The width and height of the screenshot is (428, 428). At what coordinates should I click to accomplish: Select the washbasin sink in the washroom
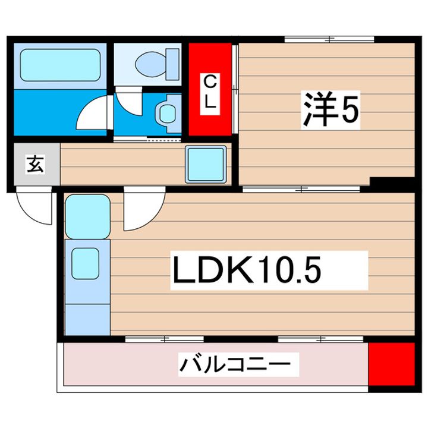[166, 111]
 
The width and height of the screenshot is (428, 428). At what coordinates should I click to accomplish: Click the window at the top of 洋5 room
[329, 40]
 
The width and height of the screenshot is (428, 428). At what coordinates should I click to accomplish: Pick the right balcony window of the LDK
[321, 339]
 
